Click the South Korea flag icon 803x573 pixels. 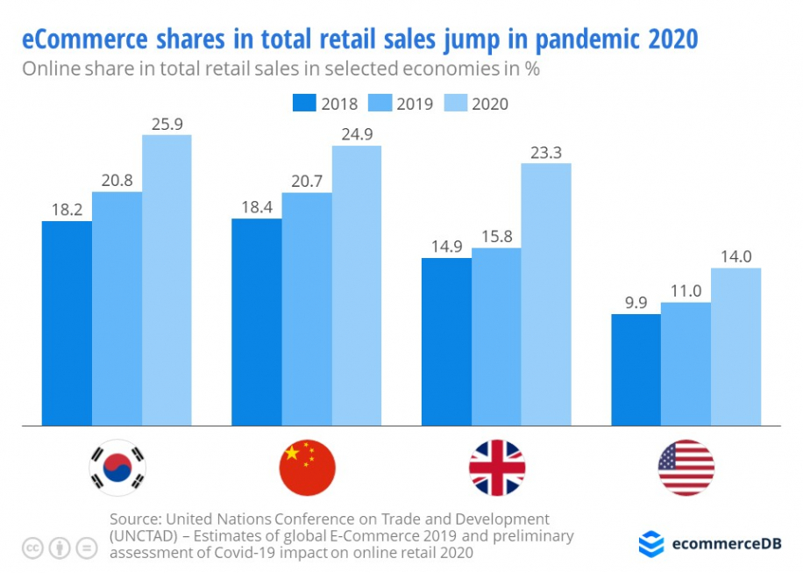point(117,468)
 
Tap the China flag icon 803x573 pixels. point(307,468)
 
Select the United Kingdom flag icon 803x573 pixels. point(497,468)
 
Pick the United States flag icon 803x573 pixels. point(686,468)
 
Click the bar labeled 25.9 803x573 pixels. point(167,281)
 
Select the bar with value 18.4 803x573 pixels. point(256,322)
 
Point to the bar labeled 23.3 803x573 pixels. point(546,294)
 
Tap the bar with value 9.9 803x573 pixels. point(636,369)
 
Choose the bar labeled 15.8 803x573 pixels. point(496,337)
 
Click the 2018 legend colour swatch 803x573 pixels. point(303,104)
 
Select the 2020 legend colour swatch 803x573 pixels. point(454,104)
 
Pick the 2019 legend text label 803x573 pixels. point(415,104)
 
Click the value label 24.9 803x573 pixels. point(356,134)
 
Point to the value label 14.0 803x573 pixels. point(735,256)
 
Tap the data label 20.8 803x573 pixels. point(117,180)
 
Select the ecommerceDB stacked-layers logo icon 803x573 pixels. point(651,543)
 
